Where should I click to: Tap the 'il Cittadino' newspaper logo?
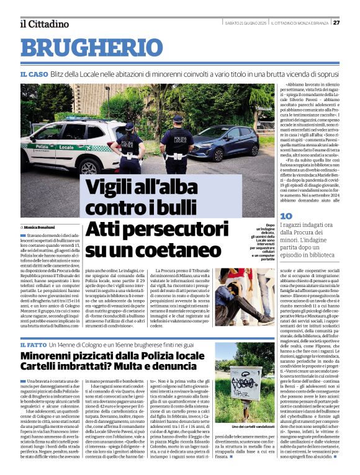[x=44, y=24]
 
